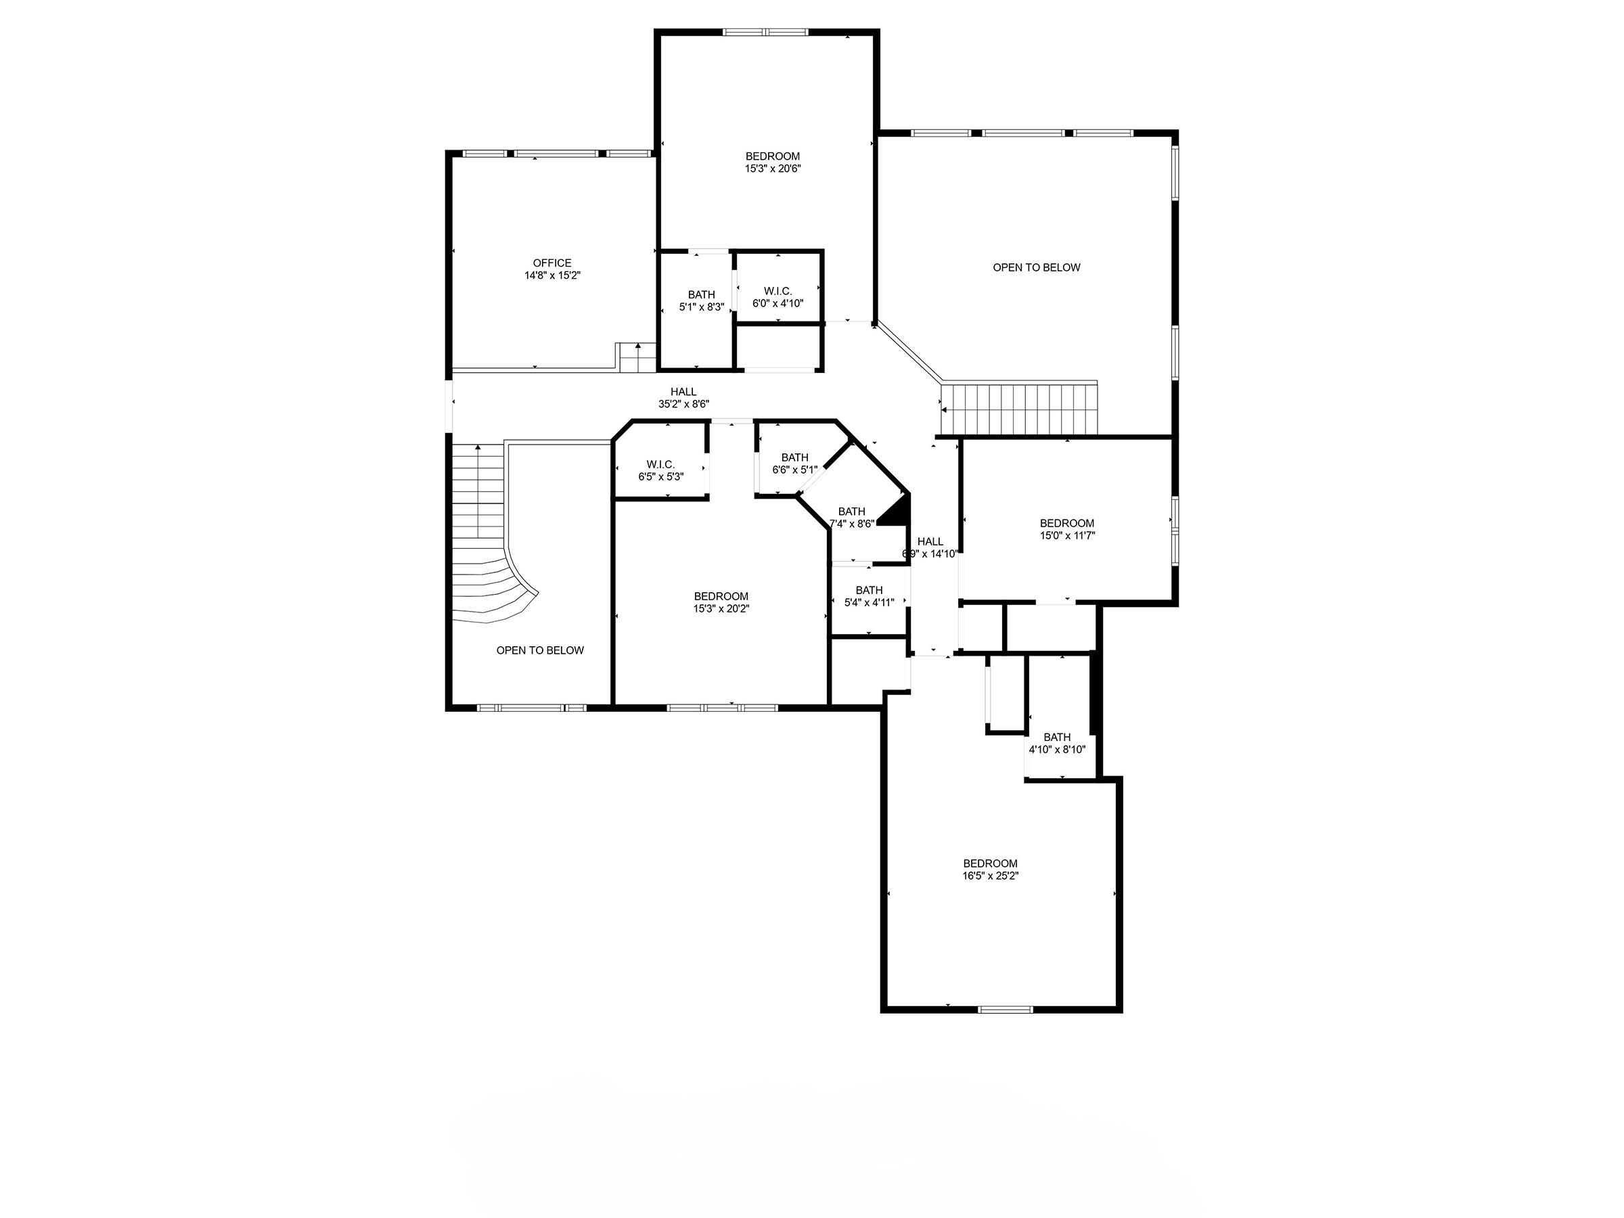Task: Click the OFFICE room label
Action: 551,263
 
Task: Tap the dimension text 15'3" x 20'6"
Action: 772,168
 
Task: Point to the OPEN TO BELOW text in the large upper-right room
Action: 1036,267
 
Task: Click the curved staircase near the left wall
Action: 484,558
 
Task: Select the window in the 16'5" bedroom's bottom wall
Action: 1005,1010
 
